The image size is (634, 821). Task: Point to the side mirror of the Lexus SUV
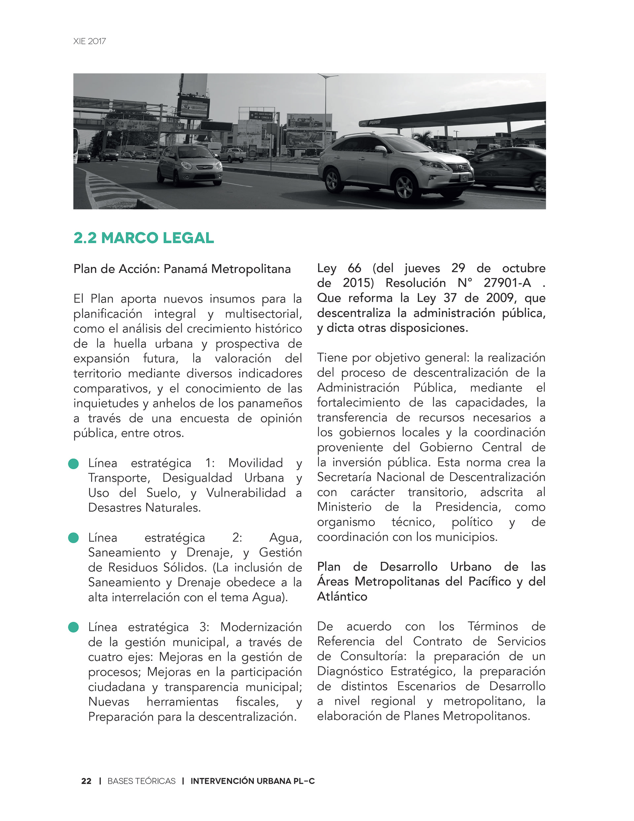coord(381,150)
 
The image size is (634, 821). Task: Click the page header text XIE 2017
coord(89,41)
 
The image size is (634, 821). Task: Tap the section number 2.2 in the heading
coord(85,238)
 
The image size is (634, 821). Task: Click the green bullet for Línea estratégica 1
coord(73,464)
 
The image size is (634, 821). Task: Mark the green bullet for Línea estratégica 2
coord(73,538)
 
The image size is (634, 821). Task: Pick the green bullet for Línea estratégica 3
coord(73,627)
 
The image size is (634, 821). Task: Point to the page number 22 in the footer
coord(86,781)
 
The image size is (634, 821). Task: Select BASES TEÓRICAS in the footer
coord(141,781)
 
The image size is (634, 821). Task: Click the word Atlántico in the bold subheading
coord(342,596)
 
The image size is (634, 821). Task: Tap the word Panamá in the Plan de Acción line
coord(185,269)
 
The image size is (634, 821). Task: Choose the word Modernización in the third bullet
coord(261,627)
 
